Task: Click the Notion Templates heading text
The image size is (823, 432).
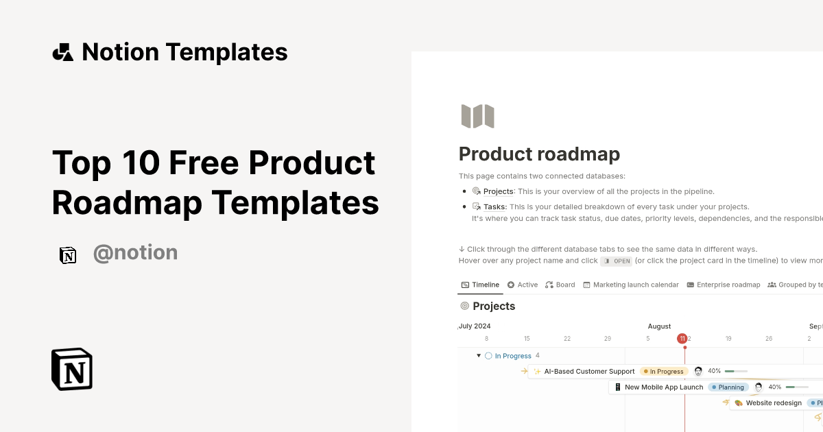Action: (x=184, y=52)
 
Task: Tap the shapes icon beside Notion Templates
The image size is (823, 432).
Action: (x=63, y=52)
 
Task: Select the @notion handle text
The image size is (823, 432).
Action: (x=135, y=253)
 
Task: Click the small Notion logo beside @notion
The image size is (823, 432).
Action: (x=68, y=255)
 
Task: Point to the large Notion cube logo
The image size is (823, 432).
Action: (x=72, y=369)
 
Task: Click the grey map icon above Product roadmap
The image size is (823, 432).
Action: (x=478, y=116)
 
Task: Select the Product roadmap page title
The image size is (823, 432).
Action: (x=539, y=154)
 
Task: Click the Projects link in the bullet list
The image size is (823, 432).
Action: (x=498, y=191)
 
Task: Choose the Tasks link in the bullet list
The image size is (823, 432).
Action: (x=495, y=206)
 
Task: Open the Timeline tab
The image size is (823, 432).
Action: (x=486, y=285)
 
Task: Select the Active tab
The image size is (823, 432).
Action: (x=527, y=285)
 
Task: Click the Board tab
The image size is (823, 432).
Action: (x=565, y=285)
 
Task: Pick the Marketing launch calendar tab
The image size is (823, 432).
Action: (x=636, y=285)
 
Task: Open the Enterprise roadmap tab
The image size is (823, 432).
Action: (x=728, y=285)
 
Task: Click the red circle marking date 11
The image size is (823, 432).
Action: (x=682, y=338)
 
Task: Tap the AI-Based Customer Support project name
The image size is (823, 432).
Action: (x=589, y=371)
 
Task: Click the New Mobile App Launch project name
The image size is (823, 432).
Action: (x=664, y=387)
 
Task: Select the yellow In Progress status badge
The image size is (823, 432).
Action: (x=664, y=371)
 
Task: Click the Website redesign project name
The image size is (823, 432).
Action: (x=774, y=403)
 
